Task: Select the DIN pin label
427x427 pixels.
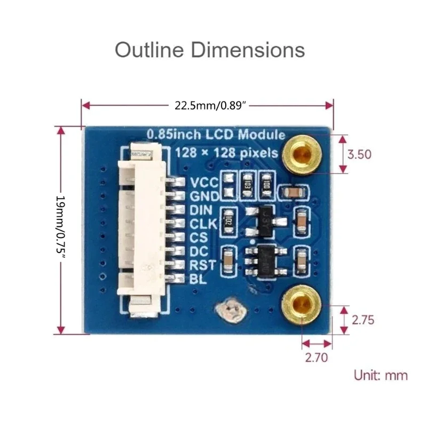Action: [x=201, y=210]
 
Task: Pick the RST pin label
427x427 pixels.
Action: [x=201, y=265]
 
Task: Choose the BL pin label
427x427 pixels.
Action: [x=195, y=279]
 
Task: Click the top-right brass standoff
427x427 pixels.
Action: [x=302, y=154]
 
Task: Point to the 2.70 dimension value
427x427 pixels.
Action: [x=317, y=358]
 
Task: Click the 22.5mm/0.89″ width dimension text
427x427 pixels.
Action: [x=210, y=105]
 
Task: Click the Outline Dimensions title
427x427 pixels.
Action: [x=210, y=50]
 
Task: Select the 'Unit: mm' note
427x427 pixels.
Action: [x=381, y=375]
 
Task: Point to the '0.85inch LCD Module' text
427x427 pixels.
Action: [x=216, y=135]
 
